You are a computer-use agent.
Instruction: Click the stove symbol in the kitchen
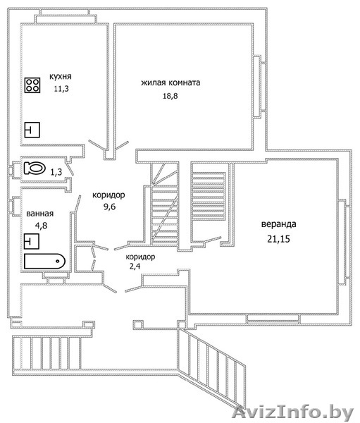[x=32, y=85]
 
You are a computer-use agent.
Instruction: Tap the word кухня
[x=61, y=76]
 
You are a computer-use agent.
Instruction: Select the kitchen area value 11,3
[x=61, y=89]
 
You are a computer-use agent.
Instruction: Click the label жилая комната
[x=170, y=82]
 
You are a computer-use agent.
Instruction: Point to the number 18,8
[x=170, y=96]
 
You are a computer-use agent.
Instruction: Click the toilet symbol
[x=35, y=168]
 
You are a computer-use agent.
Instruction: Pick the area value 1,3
[x=56, y=172]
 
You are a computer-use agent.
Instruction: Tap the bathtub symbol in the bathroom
[x=45, y=261]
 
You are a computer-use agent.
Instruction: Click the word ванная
[x=40, y=214]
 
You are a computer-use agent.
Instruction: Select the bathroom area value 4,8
[x=42, y=226]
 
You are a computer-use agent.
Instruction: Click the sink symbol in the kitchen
[x=32, y=130]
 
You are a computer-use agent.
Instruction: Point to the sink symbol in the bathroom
[x=32, y=241]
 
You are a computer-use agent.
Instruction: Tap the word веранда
[x=278, y=224]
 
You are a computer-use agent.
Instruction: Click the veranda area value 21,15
[x=278, y=239]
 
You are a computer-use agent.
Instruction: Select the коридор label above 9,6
[x=108, y=195]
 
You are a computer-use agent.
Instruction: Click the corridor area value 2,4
[x=135, y=266]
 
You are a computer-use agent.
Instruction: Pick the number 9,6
[x=109, y=207]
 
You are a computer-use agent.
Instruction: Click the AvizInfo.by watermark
[x=293, y=412]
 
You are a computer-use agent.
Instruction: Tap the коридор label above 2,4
[x=140, y=257]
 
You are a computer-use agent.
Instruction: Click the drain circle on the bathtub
[x=58, y=261]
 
